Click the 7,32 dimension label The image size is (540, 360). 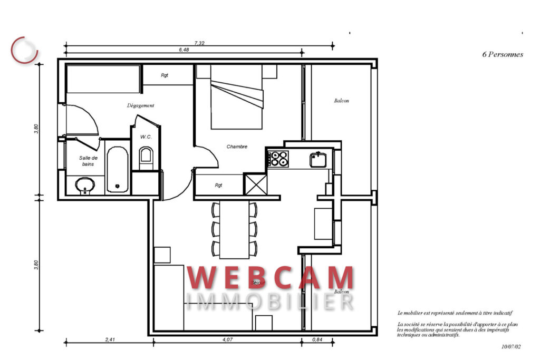[x=199, y=43]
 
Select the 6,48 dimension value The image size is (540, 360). [x=184, y=50]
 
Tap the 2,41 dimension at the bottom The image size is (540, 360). [x=110, y=339]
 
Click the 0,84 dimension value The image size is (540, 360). [x=317, y=339]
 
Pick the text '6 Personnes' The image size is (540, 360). [x=503, y=54]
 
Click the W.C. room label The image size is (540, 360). [x=146, y=137]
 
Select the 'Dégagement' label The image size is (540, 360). [x=141, y=105]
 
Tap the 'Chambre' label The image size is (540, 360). [x=237, y=147]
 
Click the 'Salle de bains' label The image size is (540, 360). [x=88, y=161]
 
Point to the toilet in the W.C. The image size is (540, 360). [x=146, y=157]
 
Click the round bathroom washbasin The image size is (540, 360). [x=84, y=185]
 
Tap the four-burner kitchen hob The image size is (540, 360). [x=278, y=158]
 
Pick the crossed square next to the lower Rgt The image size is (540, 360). [x=255, y=184]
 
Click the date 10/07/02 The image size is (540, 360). [x=511, y=347]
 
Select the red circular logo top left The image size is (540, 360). [x=25, y=48]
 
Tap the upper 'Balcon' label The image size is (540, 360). [x=341, y=101]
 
